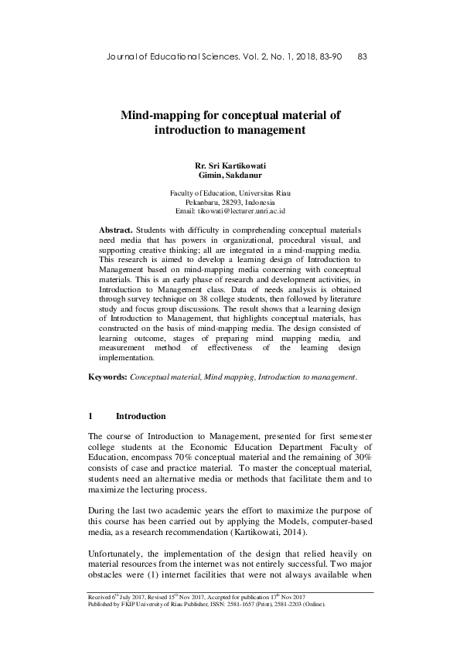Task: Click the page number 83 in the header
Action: point(362,56)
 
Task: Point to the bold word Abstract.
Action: point(116,230)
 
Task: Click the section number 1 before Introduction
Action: point(91,416)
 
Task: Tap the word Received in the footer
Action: point(103,598)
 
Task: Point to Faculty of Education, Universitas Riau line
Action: point(230,192)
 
